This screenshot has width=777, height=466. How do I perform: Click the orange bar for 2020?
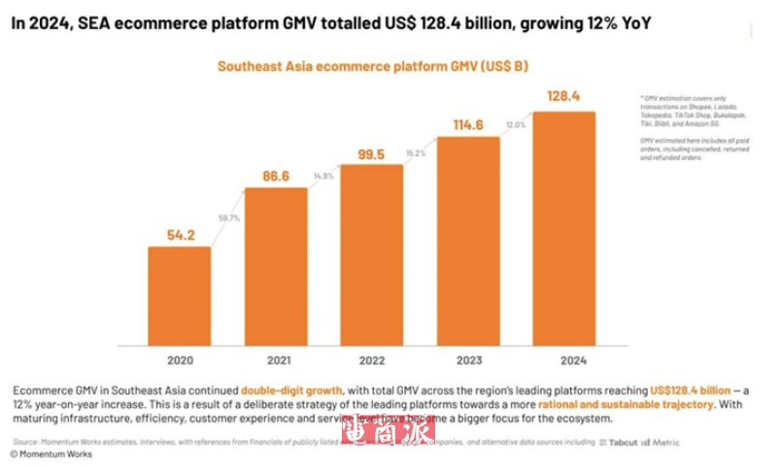point(179,295)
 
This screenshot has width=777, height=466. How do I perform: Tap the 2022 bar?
point(372,254)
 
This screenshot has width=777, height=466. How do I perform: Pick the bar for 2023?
point(468,240)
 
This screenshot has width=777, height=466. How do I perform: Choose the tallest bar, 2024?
point(563,228)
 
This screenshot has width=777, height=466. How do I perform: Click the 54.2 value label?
point(179,234)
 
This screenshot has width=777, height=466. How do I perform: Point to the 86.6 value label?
point(276,175)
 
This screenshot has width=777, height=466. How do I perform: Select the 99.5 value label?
point(372,153)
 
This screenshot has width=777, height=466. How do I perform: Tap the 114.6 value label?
point(468,125)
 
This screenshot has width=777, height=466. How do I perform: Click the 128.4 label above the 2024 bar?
point(563,97)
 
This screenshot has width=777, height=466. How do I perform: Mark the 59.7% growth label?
point(229,219)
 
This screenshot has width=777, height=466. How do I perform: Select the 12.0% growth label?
point(515,124)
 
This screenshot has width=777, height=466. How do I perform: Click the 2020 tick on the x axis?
point(179,360)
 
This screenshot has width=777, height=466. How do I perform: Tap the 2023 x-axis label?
point(468,360)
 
